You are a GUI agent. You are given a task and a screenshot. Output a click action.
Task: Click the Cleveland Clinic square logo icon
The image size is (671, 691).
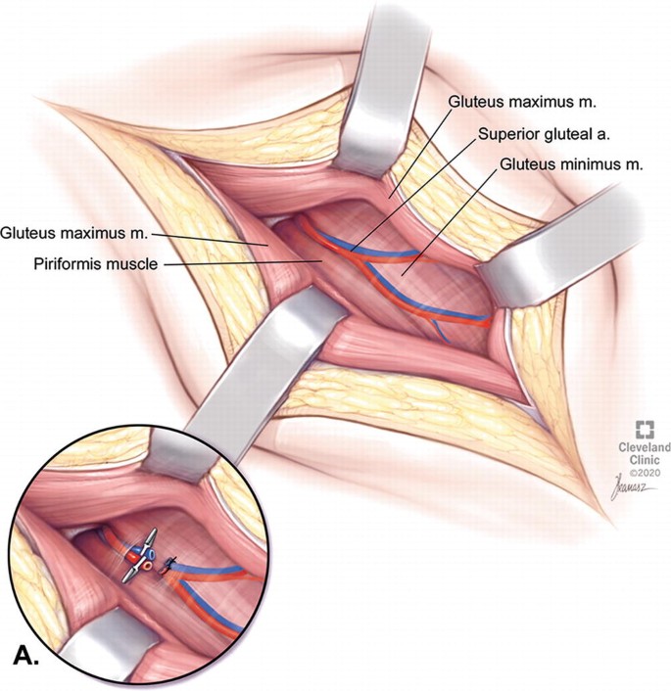click(645, 429)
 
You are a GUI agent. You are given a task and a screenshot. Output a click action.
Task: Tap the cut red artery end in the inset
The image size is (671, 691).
click(129, 555)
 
